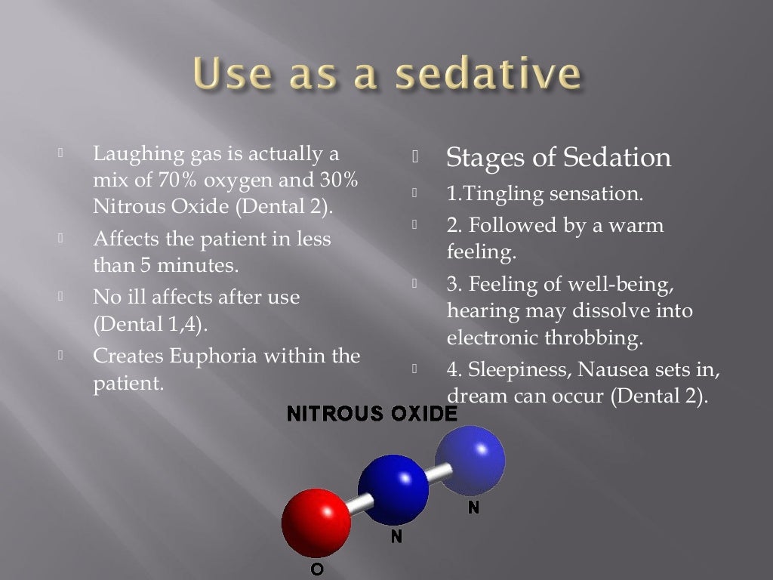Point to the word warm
[636, 225]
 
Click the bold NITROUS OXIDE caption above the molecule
[372, 413]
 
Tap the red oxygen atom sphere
[316, 522]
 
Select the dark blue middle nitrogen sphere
[393, 489]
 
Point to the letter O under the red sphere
[317, 569]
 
